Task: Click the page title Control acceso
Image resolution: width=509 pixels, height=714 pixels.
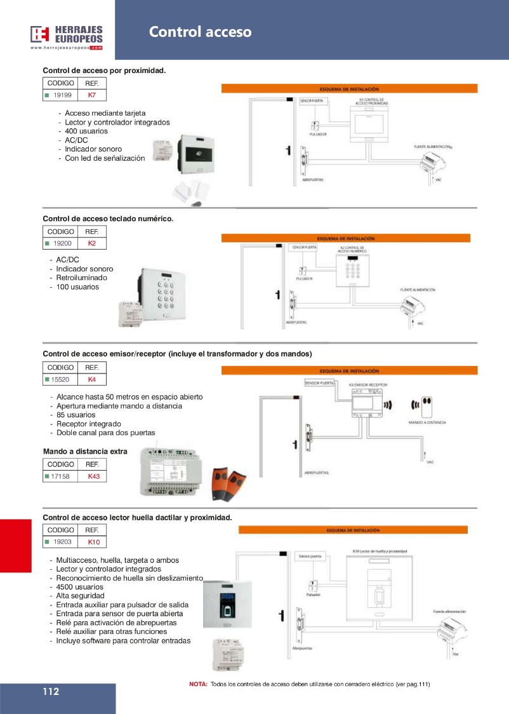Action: [200, 32]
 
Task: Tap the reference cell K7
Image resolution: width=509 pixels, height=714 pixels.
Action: [91, 95]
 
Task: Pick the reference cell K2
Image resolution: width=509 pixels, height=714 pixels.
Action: [91, 243]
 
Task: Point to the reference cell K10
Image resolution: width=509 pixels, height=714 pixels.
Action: [94, 542]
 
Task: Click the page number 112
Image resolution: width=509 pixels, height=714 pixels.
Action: [51, 692]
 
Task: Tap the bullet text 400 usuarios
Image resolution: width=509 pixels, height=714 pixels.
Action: [86, 131]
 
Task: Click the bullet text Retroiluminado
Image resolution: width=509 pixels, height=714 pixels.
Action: [82, 278]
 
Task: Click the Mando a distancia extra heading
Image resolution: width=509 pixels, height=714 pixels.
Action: [85, 452]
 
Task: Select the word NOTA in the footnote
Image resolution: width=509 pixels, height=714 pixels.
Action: [199, 684]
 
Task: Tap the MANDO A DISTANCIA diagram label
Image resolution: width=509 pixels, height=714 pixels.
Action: [427, 422]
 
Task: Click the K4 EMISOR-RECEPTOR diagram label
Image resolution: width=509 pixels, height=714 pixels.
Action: [368, 384]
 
